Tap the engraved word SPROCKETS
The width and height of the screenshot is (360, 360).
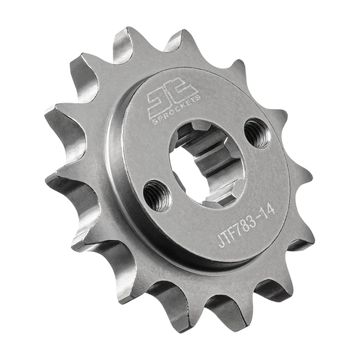[177, 110]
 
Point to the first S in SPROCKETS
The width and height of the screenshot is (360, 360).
[155, 122]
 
